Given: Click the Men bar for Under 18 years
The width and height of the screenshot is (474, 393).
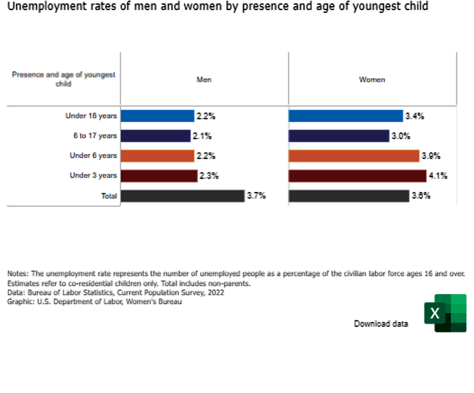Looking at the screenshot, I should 157,116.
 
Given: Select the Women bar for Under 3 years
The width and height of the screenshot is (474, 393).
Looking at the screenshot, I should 357,176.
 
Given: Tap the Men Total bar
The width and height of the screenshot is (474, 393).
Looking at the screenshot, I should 183,196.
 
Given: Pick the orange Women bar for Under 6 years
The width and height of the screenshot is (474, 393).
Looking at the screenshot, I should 353,155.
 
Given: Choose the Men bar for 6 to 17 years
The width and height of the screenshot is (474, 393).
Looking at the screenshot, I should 156,136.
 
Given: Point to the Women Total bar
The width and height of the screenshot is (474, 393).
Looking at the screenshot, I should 348,196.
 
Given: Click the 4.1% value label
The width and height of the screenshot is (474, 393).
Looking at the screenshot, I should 438,176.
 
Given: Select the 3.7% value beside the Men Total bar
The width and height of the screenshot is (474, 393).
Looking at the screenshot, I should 256,196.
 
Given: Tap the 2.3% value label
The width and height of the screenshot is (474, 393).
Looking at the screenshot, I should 209,176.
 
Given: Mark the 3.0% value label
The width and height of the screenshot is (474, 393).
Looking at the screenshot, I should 401,136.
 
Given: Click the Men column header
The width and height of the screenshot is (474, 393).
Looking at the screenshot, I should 204,80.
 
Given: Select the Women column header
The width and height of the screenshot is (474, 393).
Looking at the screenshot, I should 372,80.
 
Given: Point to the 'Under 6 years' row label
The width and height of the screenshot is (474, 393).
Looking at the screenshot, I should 93,156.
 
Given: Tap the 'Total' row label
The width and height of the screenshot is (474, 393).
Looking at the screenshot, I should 109,196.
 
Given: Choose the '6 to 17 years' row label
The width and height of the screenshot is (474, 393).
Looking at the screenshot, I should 95,136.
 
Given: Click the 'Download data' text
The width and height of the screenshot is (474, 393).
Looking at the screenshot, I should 381,324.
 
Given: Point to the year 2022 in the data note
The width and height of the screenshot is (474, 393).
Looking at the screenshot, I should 216,293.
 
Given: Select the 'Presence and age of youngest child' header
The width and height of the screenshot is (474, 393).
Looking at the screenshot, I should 64,79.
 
